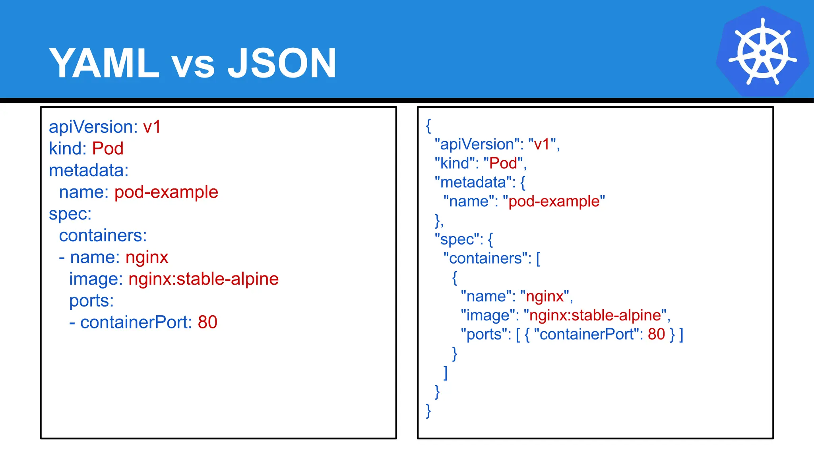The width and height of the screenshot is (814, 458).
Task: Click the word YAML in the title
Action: click(104, 63)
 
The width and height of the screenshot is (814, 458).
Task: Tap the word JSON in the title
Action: click(282, 63)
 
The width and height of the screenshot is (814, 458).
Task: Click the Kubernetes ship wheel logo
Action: click(762, 52)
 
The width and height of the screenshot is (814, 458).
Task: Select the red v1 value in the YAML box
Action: click(152, 127)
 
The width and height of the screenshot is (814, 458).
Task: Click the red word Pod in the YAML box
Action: click(108, 149)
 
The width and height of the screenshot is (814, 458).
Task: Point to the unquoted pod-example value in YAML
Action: click(166, 192)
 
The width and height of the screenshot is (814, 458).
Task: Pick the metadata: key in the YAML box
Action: click(89, 171)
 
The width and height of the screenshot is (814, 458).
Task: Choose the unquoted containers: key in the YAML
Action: click(103, 236)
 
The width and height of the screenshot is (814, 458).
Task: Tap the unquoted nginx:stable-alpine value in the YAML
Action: click(203, 279)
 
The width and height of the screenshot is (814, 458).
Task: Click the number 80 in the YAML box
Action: click(207, 322)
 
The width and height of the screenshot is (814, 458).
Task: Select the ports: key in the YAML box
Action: click(91, 301)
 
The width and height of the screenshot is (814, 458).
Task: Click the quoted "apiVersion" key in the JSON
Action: click(477, 144)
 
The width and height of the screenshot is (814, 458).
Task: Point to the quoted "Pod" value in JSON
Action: click(503, 163)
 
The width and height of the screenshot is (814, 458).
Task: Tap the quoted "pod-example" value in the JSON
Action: click(554, 202)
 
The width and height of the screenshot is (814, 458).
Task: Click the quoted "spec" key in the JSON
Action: click(456, 239)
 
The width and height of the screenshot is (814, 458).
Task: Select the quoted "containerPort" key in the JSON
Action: click(586, 334)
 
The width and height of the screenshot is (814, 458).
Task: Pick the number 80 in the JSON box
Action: click(656, 334)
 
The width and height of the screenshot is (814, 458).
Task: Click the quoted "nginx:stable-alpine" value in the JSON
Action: click(595, 315)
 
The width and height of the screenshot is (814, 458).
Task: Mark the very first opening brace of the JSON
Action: click(428, 126)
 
